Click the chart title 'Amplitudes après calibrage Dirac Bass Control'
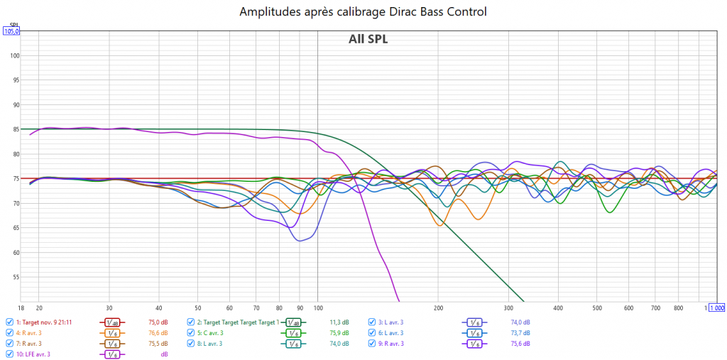[363, 12]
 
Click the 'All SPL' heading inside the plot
[368, 39]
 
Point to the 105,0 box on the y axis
[12, 31]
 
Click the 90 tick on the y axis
[16, 105]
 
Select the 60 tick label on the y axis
[16, 253]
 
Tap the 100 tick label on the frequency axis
[318, 308]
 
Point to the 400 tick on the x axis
[559, 308]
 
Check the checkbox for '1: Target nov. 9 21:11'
[9, 322]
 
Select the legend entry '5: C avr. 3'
[211, 332]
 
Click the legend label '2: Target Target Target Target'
[235, 322]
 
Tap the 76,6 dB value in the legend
[158, 332]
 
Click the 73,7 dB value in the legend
[520, 332]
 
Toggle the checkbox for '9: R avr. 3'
[372, 343]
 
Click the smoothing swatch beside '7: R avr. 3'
[111, 343]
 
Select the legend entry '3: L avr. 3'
[390, 322]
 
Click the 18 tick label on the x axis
[21, 308]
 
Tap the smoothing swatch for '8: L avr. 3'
[293, 343]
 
